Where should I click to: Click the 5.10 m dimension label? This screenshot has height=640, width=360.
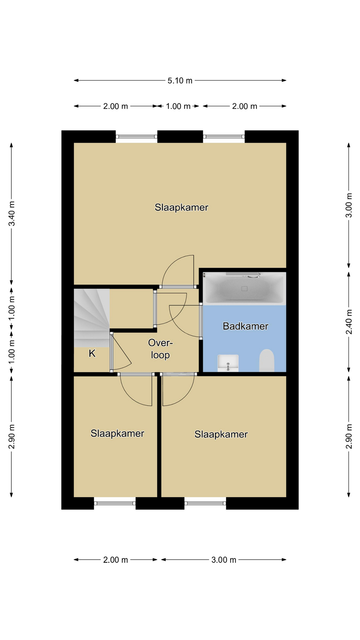[x=180, y=81]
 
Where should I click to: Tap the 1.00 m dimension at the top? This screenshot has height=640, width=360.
[x=178, y=106]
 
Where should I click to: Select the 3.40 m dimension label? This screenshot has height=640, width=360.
[x=12, y=213]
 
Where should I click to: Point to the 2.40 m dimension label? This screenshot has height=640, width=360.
[x=349, y=322]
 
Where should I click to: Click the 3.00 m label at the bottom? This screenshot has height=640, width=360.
[x=224, y=560]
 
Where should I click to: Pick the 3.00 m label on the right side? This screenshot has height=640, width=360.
[x=349, y=205]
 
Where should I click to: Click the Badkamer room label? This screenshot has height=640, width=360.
[x=245, y=326]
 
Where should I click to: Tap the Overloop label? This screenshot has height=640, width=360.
[x=160, y=349]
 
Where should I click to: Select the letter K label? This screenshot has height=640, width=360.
[x=92, y=353]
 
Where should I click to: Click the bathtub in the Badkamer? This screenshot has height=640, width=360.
[x=244, y=288]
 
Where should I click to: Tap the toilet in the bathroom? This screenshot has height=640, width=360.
[x=267, y=360]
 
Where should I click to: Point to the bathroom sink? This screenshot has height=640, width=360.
[x=228, y=363]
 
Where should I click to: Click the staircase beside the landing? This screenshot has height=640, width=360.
[x=92, y=318]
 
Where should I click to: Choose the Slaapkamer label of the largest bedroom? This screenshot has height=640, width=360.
[x=181, y=207]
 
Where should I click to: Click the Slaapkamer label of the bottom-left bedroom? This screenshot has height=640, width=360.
[x=117, y=433]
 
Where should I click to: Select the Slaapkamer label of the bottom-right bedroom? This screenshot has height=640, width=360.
[x=221, y=434]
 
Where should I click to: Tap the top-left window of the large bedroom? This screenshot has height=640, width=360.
[x=136, y=137]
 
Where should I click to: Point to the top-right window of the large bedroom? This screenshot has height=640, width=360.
[x=224, y=137]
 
